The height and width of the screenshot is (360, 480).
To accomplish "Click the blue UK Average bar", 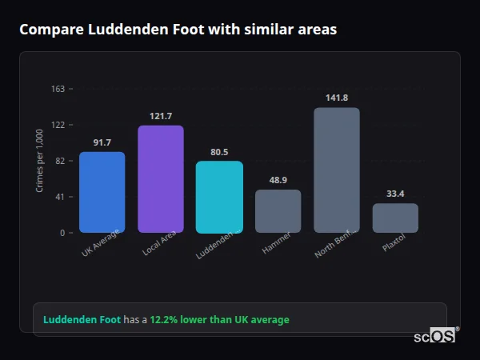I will click(x=102, y=192).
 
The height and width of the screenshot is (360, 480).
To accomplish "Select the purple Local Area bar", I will click(x=160, y=179).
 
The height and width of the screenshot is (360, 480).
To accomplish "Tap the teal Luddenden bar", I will click(x=219, y=197).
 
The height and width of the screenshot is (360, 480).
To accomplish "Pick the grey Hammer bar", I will click(x=278, y=211).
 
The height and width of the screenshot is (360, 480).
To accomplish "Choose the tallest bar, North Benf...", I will click(x=337, y=170).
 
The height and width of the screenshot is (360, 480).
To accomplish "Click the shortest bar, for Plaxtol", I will click(x=395, y=218).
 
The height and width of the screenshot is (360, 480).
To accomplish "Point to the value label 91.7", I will click(x=102, y=142).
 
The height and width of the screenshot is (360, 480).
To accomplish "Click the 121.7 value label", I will click(x=160, y=116).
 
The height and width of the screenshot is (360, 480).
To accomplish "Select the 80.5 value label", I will click(x=219, y=152).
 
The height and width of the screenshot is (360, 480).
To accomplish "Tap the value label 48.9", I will click(x=278, y=180).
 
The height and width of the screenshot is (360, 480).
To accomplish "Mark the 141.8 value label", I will click(x=337, y=98).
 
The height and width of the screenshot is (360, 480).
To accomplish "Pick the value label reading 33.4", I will click(x=395, y=194).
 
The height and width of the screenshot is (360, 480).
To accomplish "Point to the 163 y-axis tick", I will click(x=58, y=89).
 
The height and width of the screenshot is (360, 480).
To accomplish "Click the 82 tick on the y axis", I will click(x=61, y=161).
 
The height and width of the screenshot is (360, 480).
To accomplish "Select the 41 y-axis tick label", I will click(x=61, y=197).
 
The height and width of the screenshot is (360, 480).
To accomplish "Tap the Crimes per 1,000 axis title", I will click(x=40, y=161).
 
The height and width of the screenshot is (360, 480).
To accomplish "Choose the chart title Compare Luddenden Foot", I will click(x=178, y=30).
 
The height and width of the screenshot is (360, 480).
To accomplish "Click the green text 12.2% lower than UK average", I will click(x=219, y=320).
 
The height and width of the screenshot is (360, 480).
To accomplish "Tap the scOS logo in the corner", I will click(x=435, y=336).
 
